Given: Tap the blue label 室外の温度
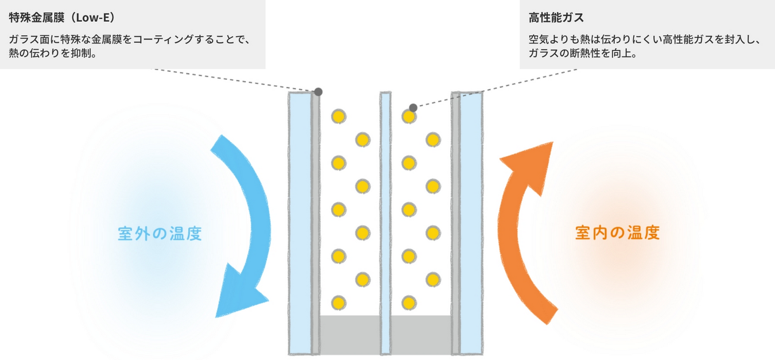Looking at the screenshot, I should (x=160, y=234).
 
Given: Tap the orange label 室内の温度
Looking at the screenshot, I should (x=617, y=233).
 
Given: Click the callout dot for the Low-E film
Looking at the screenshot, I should (x=318, y=92).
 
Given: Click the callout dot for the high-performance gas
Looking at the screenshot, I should (x=413, y=107).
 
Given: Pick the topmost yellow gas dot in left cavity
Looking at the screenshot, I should (x=339, y=117).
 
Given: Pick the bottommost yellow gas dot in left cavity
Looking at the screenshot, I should (x=339, y=303).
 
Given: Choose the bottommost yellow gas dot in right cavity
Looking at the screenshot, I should (x=409, y=303).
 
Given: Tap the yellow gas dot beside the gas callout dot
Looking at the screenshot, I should (x=409, y=117).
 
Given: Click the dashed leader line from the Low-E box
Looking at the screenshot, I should (x=230, y=80).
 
